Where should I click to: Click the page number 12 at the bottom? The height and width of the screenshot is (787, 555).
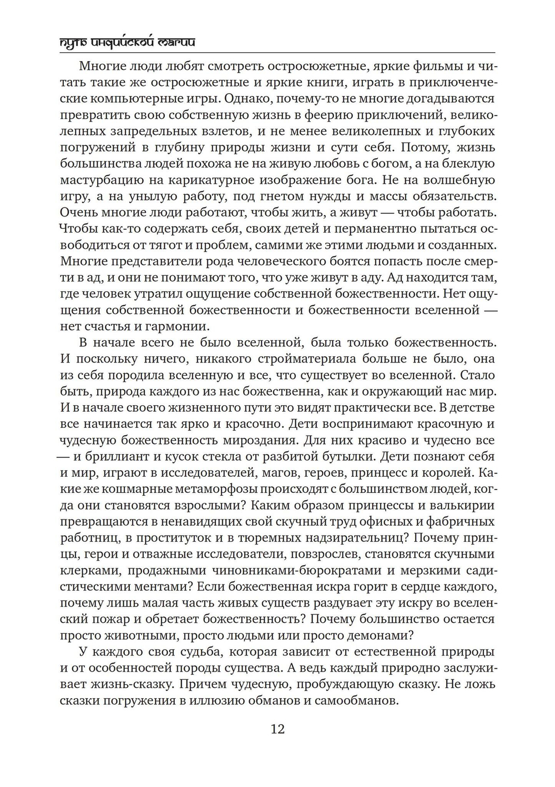(x=277, y=729)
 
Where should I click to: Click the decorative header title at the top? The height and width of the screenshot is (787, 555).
(x=127, y=43)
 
